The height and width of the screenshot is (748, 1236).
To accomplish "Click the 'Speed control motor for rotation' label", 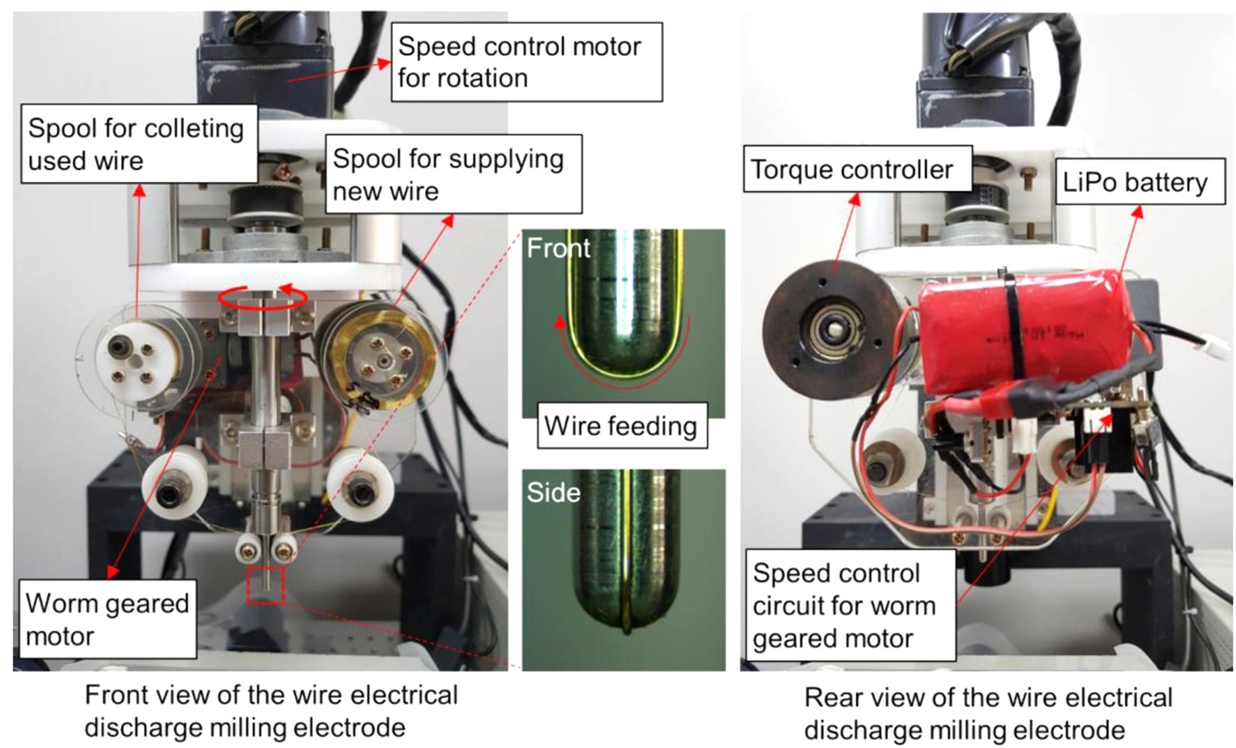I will [x=526, y=62].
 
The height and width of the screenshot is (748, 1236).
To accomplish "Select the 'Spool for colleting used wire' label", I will [x=138, y=143].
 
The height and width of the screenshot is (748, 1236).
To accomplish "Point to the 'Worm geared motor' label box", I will [x=107, y=619].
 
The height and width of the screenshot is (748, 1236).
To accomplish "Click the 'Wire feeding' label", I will [x=621, y=426].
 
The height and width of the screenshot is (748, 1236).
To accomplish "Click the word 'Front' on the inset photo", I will [x=559, y=248].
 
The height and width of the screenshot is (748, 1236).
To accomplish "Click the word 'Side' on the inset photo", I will [x=554, y=493].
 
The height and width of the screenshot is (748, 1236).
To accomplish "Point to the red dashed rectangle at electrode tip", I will [x=266, y=585].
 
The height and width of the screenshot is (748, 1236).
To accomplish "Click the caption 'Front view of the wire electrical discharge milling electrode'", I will [x=271, y=711].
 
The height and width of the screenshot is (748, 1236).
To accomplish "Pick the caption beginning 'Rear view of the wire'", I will [x=988, y=713].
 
